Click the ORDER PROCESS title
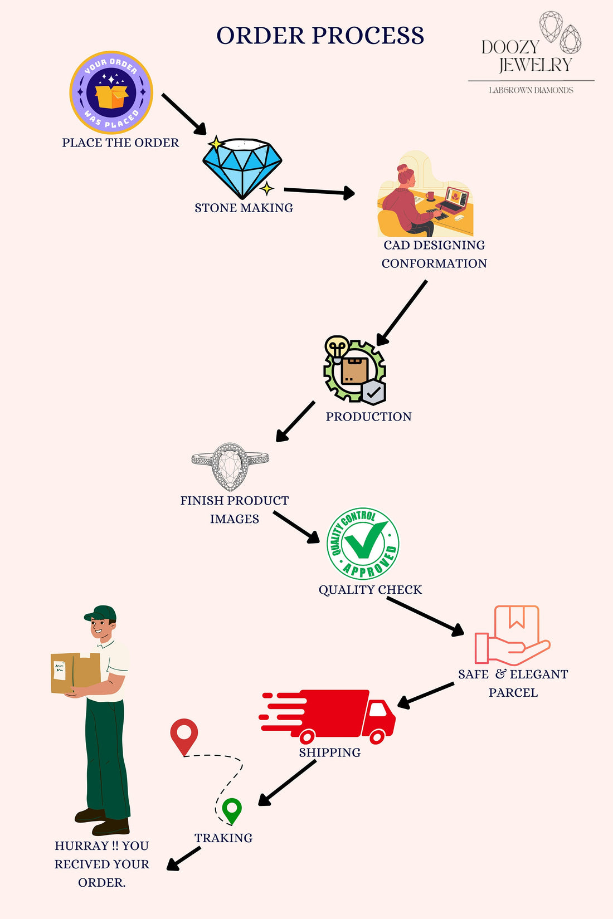(x=320, y=36)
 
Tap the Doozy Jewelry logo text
(x=526, y=56)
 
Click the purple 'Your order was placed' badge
(x=111, y=92)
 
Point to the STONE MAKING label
(x=244, y=208)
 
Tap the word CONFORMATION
(x=434, y=263)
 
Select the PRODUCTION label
(x=368, y=417)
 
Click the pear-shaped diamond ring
(x=230, y=466)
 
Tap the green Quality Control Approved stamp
(x=363, y=543)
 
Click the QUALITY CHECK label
(x=370, y=590)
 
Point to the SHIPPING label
(x=329, y=752)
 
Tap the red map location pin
(x=184, y=735)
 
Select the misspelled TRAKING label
(x=223, y=838)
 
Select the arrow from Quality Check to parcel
(x=425, y=616)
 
